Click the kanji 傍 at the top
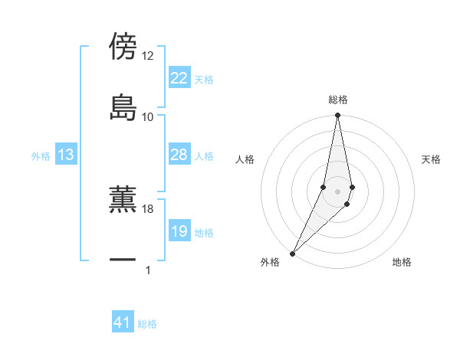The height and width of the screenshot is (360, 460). [123, 46]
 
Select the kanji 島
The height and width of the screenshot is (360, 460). [123, 107]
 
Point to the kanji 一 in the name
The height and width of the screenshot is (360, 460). [123, 260]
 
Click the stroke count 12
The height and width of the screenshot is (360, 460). [147, 56]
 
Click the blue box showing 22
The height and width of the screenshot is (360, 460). [179, 78]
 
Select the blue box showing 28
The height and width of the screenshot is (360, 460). [179, 155]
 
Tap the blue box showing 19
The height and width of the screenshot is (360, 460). [179, 231]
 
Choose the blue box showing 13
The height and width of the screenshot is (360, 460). [66, 155]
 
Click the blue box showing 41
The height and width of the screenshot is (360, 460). [123, 323]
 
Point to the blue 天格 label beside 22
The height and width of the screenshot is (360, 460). [203, 79]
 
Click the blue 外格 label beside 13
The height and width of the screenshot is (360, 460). [41, 155]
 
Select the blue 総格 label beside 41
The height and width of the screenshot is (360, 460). [147, 324]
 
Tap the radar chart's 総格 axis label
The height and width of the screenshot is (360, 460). [338, 100]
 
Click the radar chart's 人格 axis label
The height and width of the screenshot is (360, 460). [245, 159]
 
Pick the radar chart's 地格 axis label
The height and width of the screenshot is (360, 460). [402, 263]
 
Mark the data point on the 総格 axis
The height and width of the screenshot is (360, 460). [338, 116]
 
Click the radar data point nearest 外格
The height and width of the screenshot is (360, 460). [293, 253]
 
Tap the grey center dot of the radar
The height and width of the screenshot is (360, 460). [338, 191]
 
